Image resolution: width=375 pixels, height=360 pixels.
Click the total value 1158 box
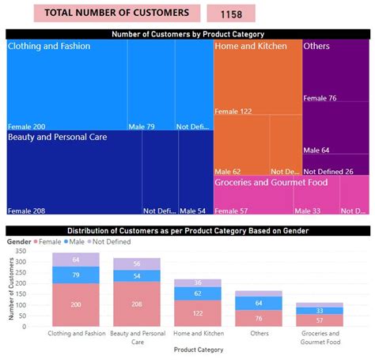[230, 13]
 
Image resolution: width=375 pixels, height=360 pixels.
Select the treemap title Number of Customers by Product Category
[187, 34]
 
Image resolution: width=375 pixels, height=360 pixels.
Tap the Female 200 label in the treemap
[26, 127]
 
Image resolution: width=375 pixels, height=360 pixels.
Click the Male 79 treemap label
[142, 127]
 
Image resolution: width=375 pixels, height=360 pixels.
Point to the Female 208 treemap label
[26, 211]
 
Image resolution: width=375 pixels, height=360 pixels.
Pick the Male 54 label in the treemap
[192, 211]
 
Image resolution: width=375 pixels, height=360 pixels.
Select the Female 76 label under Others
[320, 98]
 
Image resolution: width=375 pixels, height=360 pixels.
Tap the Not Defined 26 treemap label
[328, 172]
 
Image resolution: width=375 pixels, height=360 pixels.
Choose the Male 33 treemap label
[308, 211]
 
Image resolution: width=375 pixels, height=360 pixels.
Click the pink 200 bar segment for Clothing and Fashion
[75, 305]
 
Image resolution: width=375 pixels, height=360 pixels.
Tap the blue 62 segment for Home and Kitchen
[198, 294]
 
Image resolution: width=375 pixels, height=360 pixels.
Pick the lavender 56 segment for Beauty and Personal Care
[136, 264]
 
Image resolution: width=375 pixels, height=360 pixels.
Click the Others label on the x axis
[259, 334]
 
